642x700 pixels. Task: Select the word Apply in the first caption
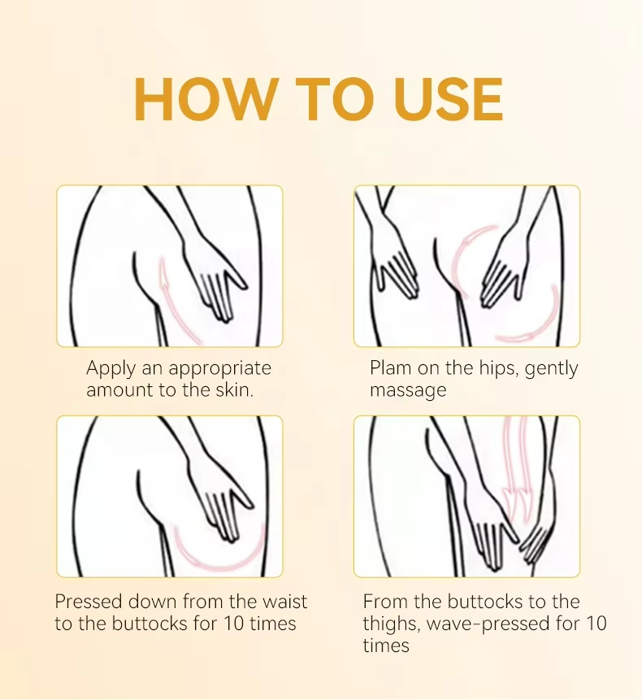(x=111, y=369)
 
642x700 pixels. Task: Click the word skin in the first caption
(x=233, y=389)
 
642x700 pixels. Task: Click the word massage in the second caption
(x=408, y=390)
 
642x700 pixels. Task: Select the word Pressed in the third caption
(x=89, y=602)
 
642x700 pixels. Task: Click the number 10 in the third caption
(x=234, y=624)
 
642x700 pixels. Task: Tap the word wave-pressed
(x=488, y=624)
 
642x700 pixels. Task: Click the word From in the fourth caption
(x=385, y=602)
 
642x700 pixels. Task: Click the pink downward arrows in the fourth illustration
(x=517, y=469)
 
